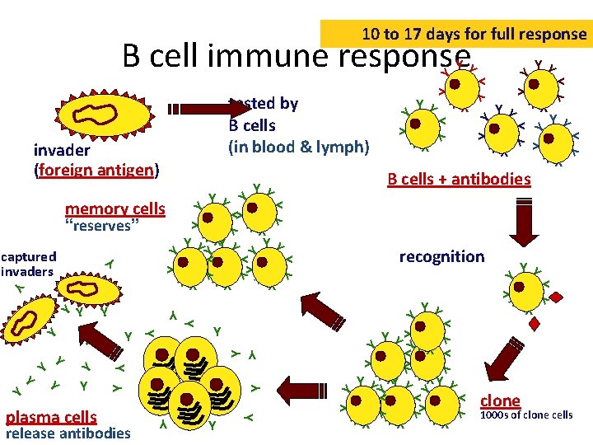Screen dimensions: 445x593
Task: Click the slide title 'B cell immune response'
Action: pos(296,57)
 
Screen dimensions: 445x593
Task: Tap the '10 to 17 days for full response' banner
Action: pos(474,35)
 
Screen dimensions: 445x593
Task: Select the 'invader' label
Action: pos(62,151)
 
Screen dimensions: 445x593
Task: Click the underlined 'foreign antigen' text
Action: pos(96,171)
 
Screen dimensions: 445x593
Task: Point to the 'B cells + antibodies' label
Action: pos(459,179)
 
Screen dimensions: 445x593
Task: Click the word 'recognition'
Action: pos(441,256)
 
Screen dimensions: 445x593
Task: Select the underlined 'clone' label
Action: pos(500,400)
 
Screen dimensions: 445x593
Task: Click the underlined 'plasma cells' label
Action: pos(51,417)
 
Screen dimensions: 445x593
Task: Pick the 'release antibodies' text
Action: pos(68,433)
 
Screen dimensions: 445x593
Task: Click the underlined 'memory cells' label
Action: pos(115,209)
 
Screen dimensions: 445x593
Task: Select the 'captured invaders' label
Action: pos(28,264)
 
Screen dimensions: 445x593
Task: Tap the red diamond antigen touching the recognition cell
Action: pos(557,297)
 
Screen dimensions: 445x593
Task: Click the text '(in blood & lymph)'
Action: pos(299,148)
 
